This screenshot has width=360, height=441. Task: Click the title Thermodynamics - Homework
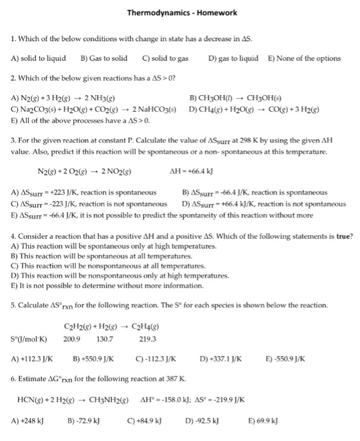pyautogui.click(x=180, y=13)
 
